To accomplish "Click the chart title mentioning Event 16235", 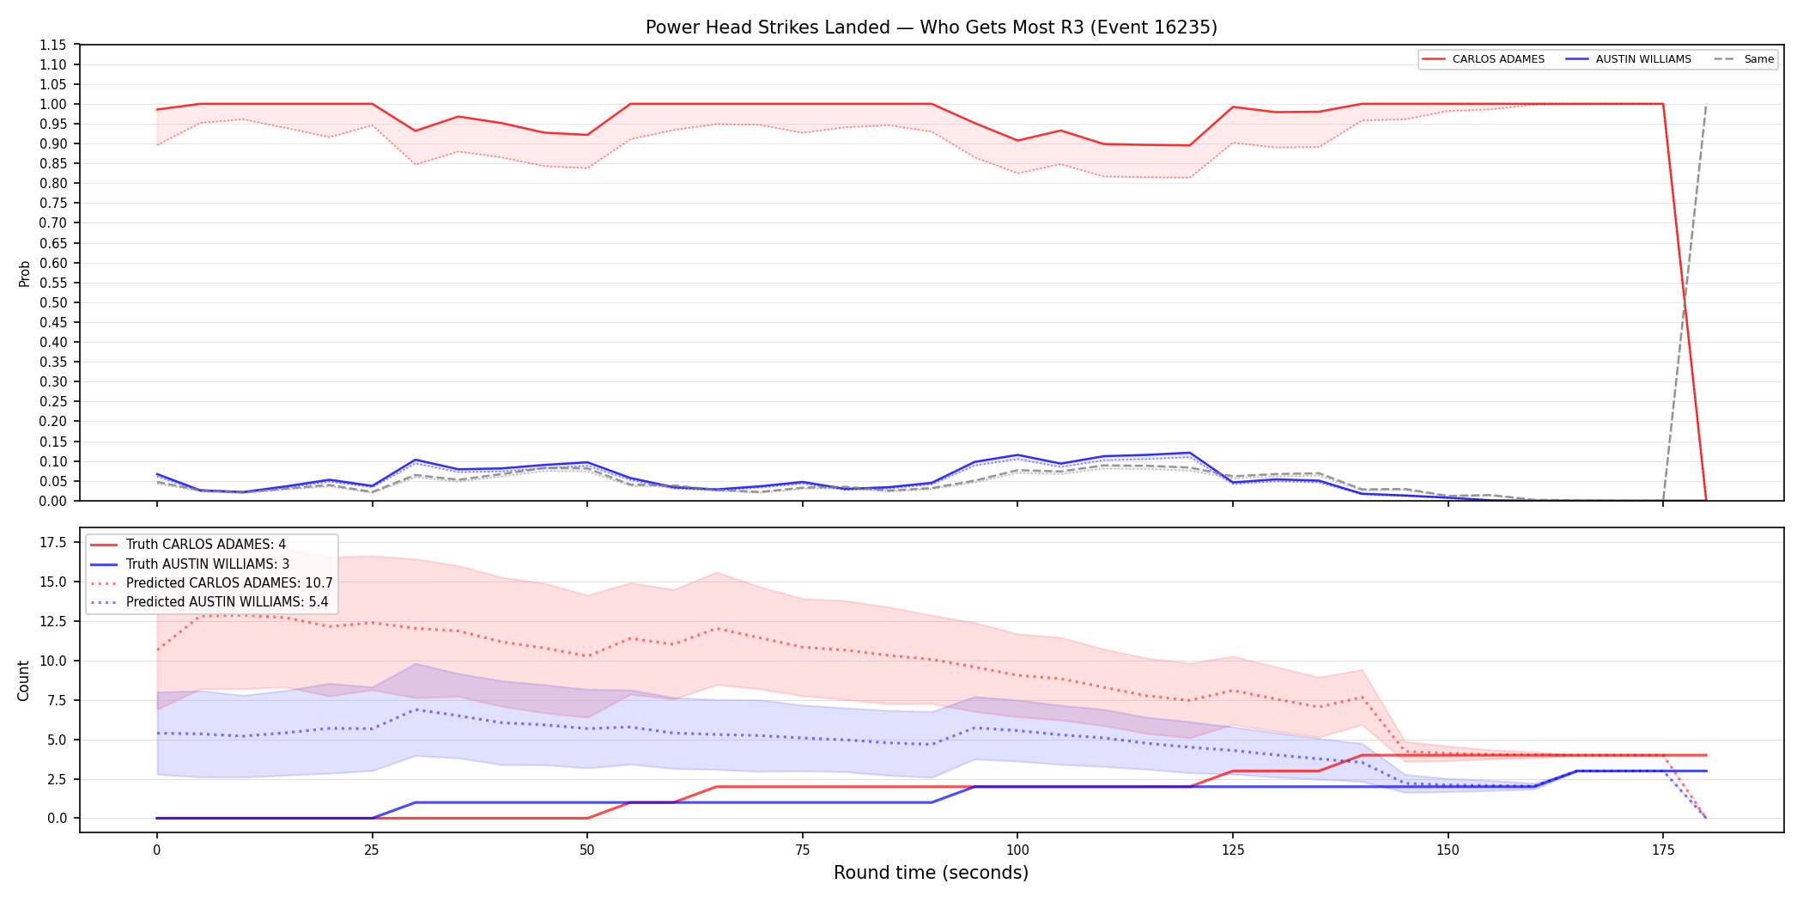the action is [x=931, y=27].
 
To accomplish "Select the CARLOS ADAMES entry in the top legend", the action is [x=1483, y=59].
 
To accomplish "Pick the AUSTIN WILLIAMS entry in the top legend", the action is [x=1629, y=59].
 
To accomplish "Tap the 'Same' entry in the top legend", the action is [x=1744, y=59].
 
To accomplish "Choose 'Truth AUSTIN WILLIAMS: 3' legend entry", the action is [x=190, y=564].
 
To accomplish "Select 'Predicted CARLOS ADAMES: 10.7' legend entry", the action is [x=211, y=583].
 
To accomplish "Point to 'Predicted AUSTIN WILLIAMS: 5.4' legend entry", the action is [x=209, y=602].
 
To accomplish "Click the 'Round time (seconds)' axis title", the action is [x=931, y=873].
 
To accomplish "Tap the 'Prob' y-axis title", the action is [x=25, y=273].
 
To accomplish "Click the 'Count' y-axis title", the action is [x=23, y=680].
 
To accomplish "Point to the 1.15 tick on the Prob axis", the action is [x=53, y=45].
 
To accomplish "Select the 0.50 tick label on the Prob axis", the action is [x=53, y=302].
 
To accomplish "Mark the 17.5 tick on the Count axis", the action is [x=53, y=542].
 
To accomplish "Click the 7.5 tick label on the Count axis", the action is [x=57, y=700].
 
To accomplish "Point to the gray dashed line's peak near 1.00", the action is [x=1706, y=105].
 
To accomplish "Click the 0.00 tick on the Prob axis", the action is [x=53, y=501].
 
